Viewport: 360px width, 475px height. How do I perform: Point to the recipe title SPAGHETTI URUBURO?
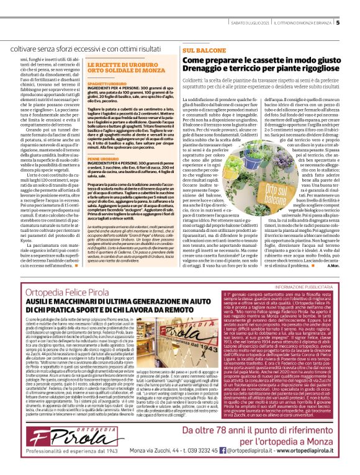pos(104,82)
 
